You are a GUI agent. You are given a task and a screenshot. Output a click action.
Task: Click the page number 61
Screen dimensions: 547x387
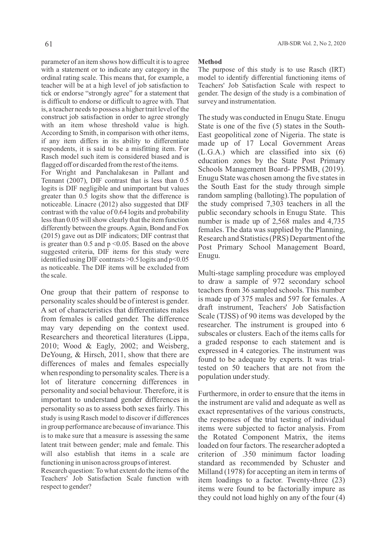pyautogui.click(x=49, y=44)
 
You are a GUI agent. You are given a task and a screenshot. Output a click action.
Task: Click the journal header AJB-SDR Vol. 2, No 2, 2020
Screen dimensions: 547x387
pyautogui.click(x=311, y=44)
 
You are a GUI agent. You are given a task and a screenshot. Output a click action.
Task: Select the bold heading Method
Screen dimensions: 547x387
pyautogui.click(x=210, y=62)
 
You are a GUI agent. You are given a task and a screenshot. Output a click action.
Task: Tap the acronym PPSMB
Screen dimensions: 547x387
pyautogui.click(x=305, y=169)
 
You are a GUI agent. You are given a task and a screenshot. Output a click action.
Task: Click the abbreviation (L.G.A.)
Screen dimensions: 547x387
pyautogui.click(x=211, y=152)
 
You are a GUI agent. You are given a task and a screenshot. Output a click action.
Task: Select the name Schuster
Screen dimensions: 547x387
pyautogui.click(x=314, y=463)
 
